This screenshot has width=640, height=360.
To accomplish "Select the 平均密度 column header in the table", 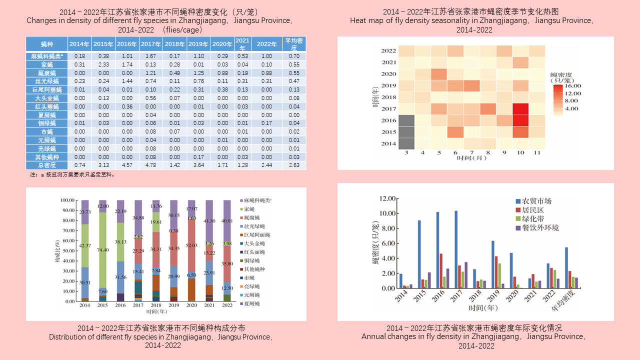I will tap(294, 44).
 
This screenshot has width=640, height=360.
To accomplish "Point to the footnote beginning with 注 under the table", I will tap(73, 175).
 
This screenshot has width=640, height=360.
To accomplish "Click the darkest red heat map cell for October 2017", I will tap(520, 109).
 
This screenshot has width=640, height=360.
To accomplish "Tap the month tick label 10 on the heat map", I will tap(520, 152).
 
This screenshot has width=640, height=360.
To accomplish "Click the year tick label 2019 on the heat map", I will tap(388, 85).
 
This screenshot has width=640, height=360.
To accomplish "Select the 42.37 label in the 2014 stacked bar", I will tap(85, 245).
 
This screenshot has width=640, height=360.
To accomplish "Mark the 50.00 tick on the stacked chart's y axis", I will tap(67, 251).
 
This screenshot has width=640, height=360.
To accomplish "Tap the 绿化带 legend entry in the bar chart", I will tap(533, 219).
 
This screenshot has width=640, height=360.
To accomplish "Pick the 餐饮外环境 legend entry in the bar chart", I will tap(537, 228).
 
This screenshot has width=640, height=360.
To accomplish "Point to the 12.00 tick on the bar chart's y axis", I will tap(388, 198).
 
